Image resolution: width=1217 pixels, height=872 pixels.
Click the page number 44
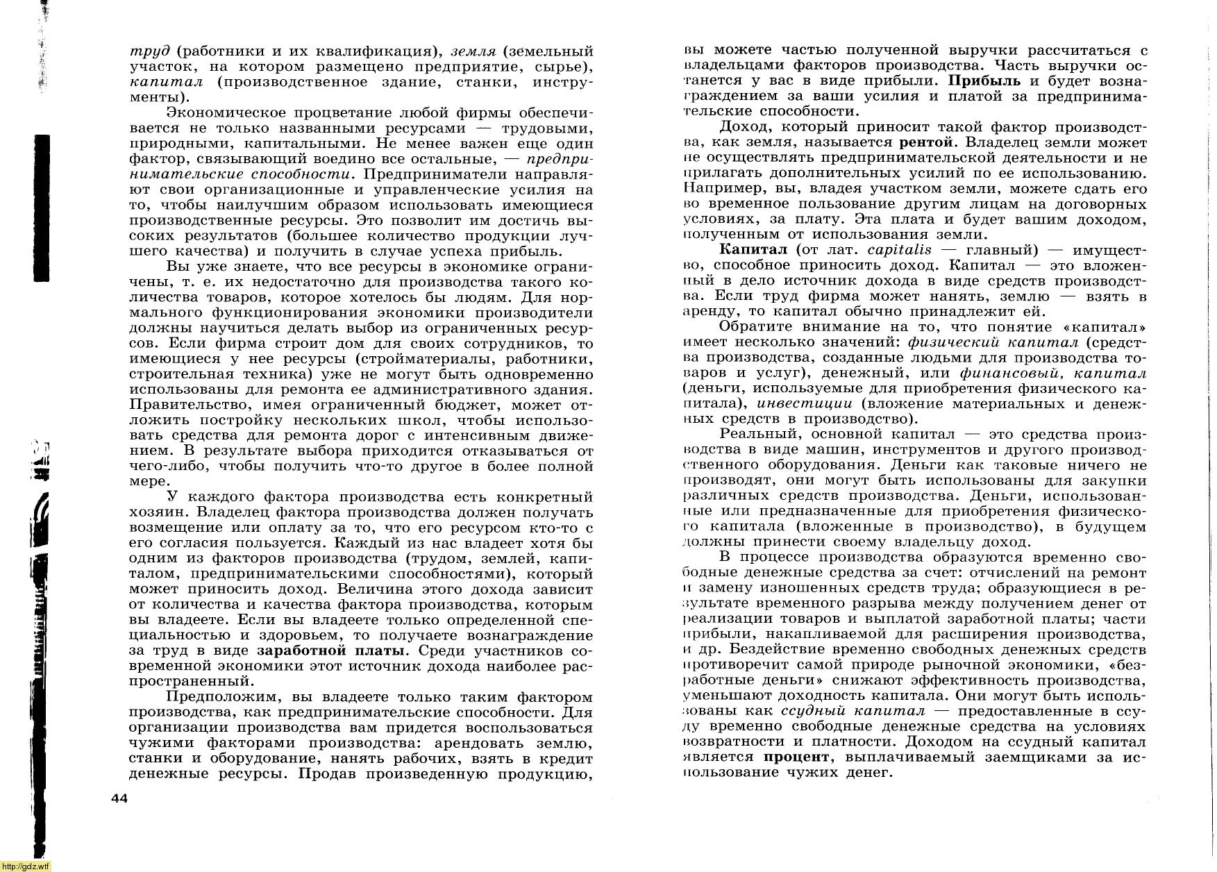click(119, 798)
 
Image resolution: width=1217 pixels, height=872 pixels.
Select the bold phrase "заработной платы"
click(330, 651)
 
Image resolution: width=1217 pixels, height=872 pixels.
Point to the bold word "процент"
click(796, 757)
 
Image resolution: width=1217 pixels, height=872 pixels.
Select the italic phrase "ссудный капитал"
click(853, 711)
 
